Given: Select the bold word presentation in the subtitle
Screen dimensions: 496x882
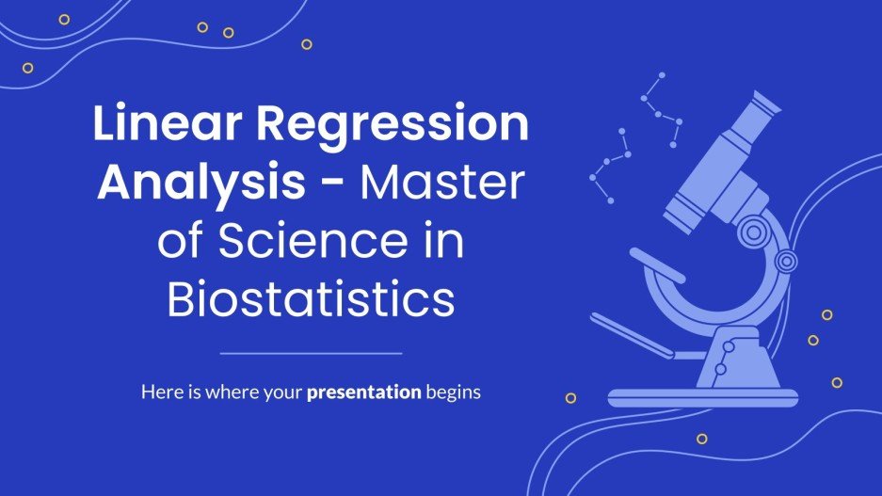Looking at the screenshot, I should click(x=363, y=392).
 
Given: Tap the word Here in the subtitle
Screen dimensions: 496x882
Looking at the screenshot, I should click(x=159, y=392).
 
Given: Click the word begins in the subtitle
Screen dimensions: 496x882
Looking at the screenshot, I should click(x=453, y=392).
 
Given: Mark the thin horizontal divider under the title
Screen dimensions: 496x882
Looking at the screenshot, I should click(x=311, y=354).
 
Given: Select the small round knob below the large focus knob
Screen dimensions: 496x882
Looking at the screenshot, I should click(x=786, y=261).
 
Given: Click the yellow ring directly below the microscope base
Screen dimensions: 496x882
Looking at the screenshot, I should click(x=700, y=439).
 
